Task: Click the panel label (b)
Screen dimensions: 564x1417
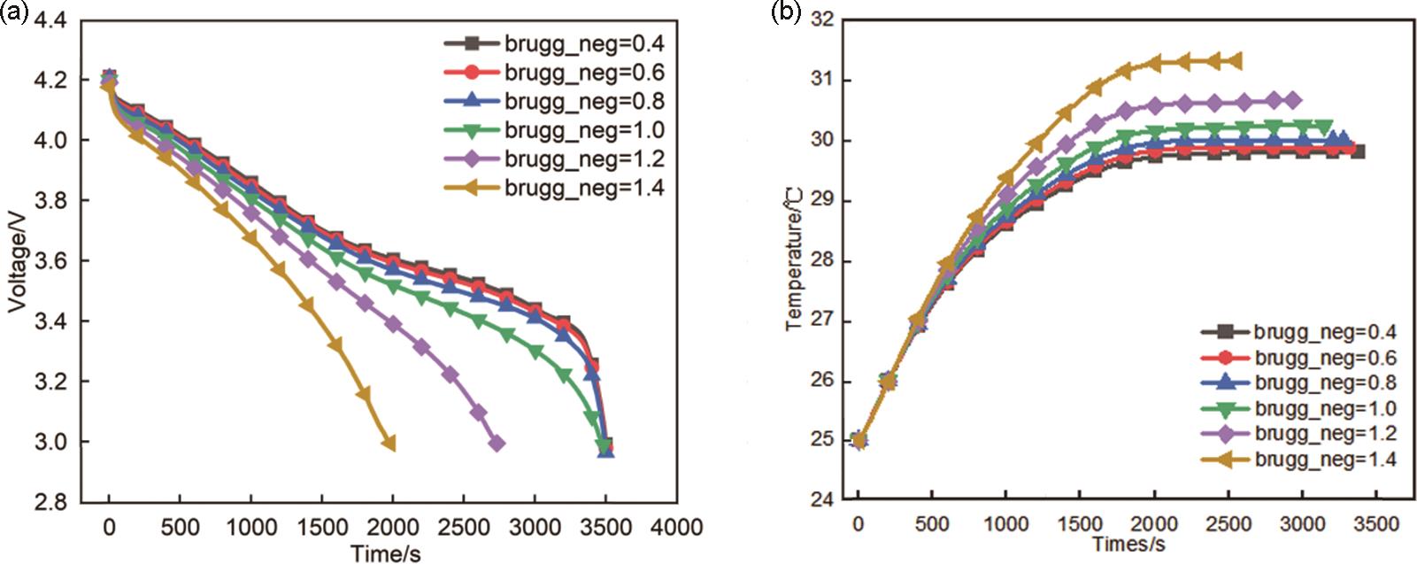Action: pyautogui.click(x=787, y=12)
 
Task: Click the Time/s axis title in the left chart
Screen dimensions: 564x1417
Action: pyautogui.click(x=385, y=553)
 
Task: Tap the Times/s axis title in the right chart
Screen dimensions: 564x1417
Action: pyautogui.click(x=1128, y=544)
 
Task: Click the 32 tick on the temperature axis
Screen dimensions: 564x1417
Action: pyautogui.click(x=822, y=19)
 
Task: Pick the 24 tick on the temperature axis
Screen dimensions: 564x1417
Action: pyautogui.click(x=822, y=498)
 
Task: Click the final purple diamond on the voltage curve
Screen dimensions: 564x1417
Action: pyautogui.click(x=497, y=443)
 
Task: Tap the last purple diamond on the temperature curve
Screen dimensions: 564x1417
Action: pyautogui.click(x=1293, y=100)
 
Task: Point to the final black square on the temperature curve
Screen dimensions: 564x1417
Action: pyautogui.click(x=1358, y=151)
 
